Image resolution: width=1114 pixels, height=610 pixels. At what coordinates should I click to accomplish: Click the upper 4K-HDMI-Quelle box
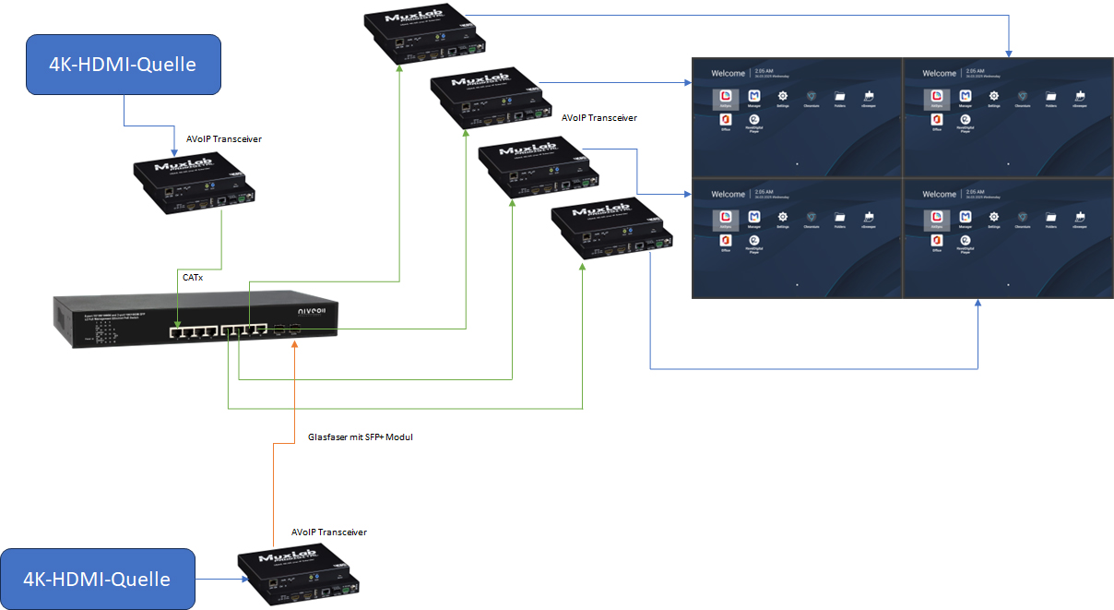tap(124, 65)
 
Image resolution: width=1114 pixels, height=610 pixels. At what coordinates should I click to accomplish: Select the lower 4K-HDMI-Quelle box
tap(98, 579)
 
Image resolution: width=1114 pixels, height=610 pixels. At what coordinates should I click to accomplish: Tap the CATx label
tap(193, 276)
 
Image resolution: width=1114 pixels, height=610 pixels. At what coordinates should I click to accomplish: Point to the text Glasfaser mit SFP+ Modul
tap(359, 437)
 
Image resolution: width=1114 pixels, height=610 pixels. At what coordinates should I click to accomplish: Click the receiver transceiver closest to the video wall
tap(612, 232)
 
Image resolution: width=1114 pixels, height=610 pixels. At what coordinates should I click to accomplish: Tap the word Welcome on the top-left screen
tap(728, 73)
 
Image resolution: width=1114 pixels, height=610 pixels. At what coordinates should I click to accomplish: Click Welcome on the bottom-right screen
tap(939, 195)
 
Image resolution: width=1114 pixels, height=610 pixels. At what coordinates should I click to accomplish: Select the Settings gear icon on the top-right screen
tap(994, 96)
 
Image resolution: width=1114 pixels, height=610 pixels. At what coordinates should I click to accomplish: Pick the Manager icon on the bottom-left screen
tap(754, 217)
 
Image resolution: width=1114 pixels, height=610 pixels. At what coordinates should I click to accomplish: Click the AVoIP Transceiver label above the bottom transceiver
tap(328, 532)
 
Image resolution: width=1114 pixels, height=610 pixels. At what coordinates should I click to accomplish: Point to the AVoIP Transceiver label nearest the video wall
tap(598, 118)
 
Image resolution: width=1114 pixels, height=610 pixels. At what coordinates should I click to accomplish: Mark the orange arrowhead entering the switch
tap(294, 344)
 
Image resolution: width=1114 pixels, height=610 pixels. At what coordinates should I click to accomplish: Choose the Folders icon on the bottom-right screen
tap(1051, 217)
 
